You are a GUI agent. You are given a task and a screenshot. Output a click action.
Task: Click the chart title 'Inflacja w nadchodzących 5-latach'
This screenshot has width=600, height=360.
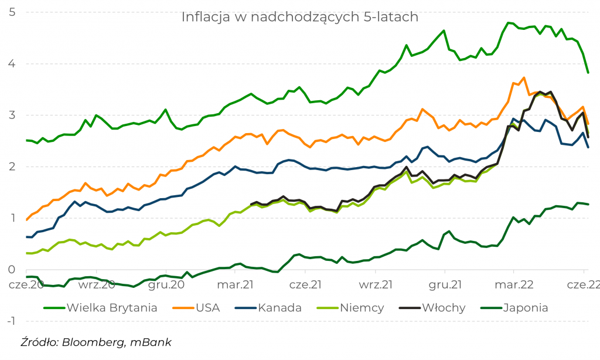click(x=299, y=17)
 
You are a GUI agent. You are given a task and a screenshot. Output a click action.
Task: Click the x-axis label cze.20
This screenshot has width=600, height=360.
click(x=26, y=285)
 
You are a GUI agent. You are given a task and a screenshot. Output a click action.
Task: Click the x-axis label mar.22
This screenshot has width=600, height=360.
click(x=513, y=285)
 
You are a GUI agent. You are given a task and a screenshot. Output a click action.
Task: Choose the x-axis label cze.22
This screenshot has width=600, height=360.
click(x=582, y=285)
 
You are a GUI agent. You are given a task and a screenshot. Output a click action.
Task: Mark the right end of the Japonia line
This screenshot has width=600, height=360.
click(x=588, y=204)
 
